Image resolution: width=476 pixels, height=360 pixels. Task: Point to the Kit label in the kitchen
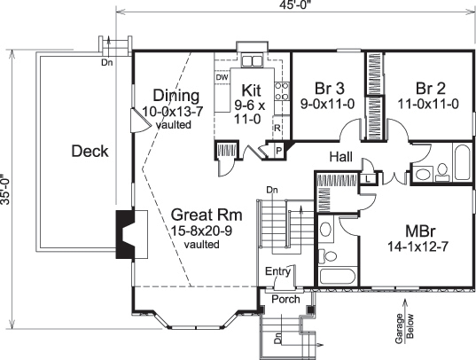249,90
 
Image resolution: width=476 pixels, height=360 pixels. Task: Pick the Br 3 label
329,88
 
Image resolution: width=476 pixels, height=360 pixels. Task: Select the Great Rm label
202,215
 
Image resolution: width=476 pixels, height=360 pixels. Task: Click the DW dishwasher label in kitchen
222,77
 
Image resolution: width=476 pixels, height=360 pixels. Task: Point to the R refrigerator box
277,128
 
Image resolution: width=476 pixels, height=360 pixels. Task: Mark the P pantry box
277,151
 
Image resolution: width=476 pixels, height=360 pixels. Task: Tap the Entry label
277,271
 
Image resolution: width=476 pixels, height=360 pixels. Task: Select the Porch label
285,299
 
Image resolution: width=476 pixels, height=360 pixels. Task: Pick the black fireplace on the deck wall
124,235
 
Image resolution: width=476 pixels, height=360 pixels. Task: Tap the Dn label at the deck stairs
107,62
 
